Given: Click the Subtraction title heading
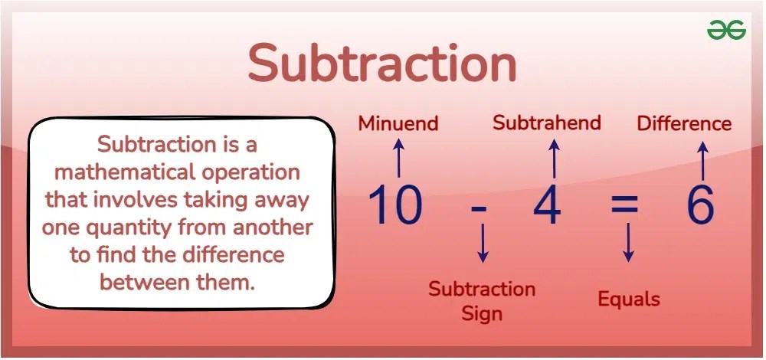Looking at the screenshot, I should click(x=382, y=64).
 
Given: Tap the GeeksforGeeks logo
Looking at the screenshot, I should click(x=725, y=30).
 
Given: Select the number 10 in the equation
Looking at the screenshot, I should click(x=395, y=205).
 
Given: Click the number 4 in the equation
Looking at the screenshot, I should click(x=547, y=205).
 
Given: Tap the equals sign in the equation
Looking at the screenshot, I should click(x=624, y=206).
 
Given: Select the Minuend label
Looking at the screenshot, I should click(x=398, y=123).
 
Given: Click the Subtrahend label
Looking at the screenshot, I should click(x=547, y=123).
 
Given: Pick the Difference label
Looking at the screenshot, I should click(x=684, y=123).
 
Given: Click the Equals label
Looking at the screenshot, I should click(x=629, y=298).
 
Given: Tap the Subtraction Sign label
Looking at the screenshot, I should click(x=482, y=301).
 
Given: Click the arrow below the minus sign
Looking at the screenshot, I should click(x=483, y=244).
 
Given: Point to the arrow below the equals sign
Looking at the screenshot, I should click(x=629, y=244).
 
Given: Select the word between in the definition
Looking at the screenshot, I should click(x=143, y=282).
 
